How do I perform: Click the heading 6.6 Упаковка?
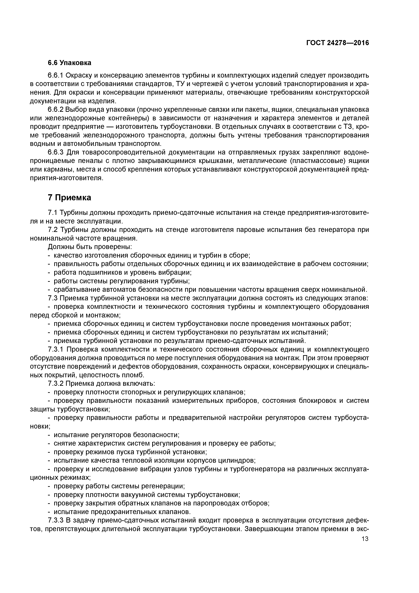point(69,63)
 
